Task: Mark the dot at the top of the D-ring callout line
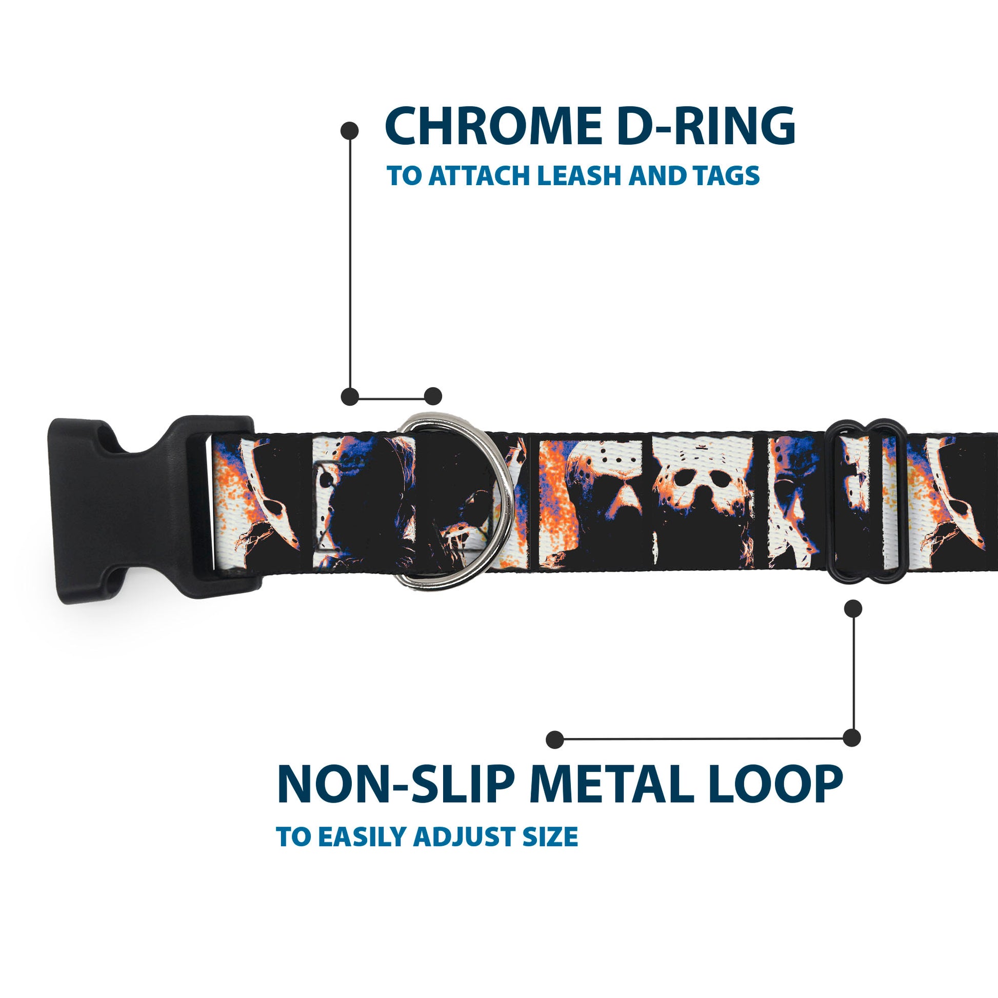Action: (350, 130)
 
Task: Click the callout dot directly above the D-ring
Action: (433, 396)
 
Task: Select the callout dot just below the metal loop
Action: (853, 609)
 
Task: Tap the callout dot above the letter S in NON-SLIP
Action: (555, 739)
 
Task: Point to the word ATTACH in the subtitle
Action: (482, 175)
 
